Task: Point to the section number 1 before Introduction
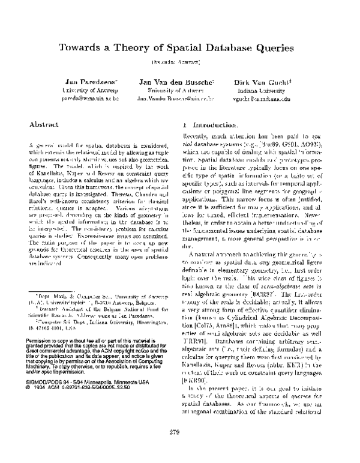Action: tap(184, 126)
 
